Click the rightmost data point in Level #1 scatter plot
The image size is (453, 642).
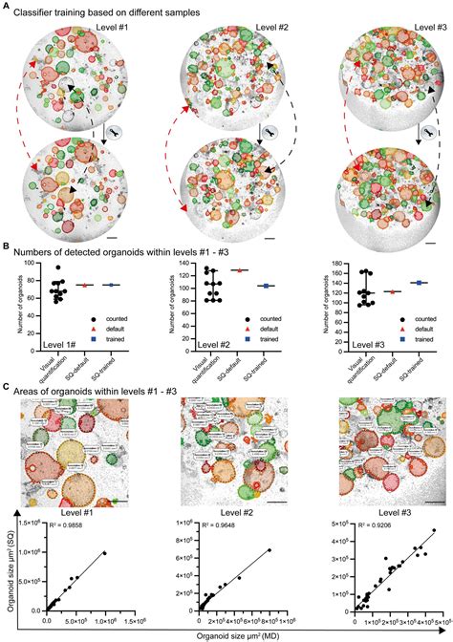click(105, 552)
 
